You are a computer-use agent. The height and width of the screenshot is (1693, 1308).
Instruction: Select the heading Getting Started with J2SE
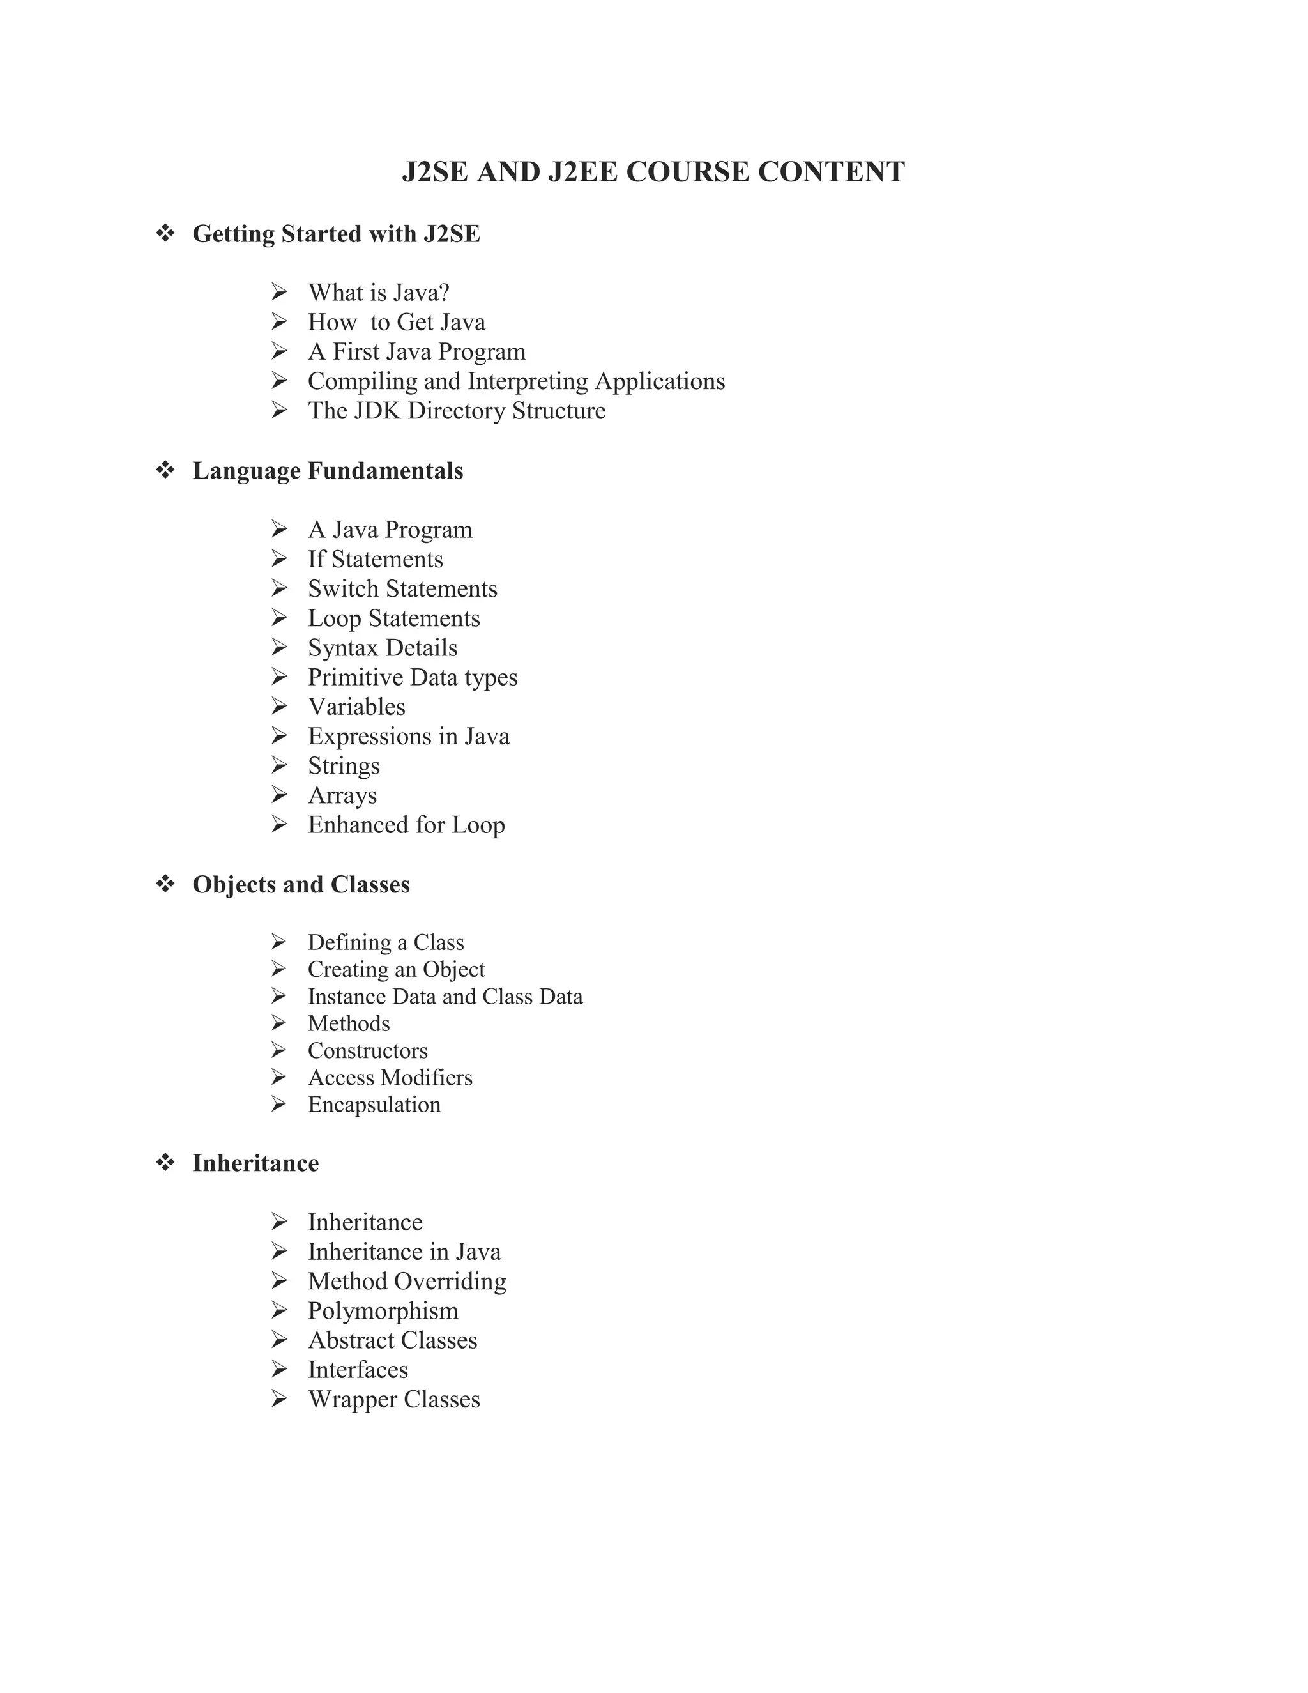coord(337,234)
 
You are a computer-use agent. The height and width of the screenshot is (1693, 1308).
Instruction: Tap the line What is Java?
coord(378,293)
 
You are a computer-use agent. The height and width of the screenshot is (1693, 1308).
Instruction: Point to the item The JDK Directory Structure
coord(457,411)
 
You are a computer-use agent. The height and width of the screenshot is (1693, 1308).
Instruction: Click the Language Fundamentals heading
coord(328,471)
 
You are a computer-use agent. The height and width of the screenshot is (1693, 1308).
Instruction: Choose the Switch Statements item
coord(402,589)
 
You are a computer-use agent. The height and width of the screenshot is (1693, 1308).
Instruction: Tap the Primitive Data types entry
coord(412,677)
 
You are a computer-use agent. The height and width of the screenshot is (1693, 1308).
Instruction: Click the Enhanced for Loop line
coord(406,825)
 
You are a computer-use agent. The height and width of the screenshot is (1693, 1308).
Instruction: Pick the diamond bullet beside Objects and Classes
coord(165,884)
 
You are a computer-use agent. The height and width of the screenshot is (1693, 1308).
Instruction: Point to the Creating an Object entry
coord(396,970)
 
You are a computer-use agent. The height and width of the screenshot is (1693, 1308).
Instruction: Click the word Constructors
coord(367,1051)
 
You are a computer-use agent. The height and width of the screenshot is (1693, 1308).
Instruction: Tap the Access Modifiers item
coord(390,1078)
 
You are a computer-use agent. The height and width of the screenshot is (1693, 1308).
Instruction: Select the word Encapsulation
coord(374,1105)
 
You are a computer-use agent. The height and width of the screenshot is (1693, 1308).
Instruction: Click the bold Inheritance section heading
coord(255,1163)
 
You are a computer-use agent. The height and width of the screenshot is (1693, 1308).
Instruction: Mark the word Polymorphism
coord(383,1311)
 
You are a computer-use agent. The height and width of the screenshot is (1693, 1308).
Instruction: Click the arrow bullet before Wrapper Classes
coord(280,1398)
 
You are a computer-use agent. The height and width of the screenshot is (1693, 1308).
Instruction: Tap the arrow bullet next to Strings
coord(280,765)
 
